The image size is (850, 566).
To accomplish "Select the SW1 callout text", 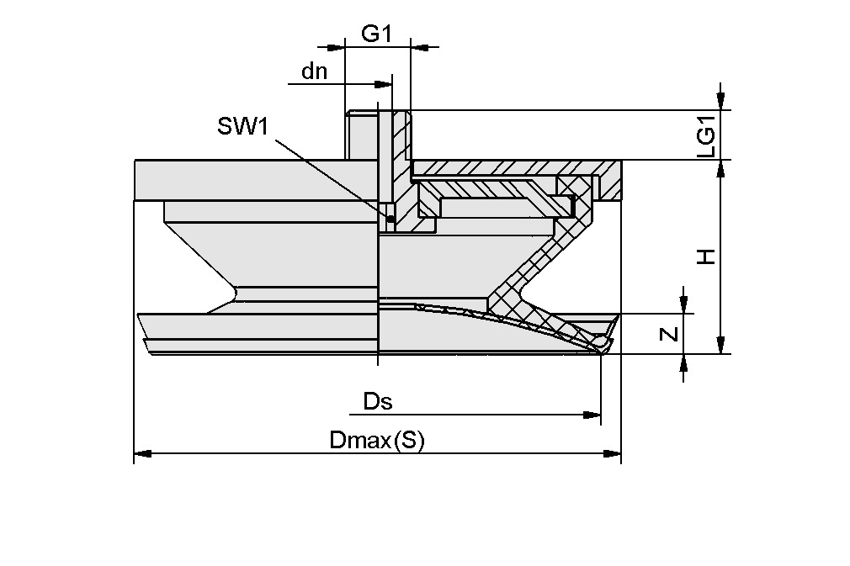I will pos(242,126).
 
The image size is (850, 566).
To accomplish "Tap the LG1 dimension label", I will pos(706,135).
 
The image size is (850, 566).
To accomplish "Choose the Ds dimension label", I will pos(378,401).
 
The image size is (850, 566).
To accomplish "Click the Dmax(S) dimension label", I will pos(376,440).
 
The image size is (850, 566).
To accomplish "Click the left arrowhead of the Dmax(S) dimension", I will pos(142,454).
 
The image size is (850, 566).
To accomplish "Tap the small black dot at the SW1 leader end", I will pos(390,220).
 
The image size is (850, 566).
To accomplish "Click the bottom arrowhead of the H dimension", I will pos(720,346).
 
